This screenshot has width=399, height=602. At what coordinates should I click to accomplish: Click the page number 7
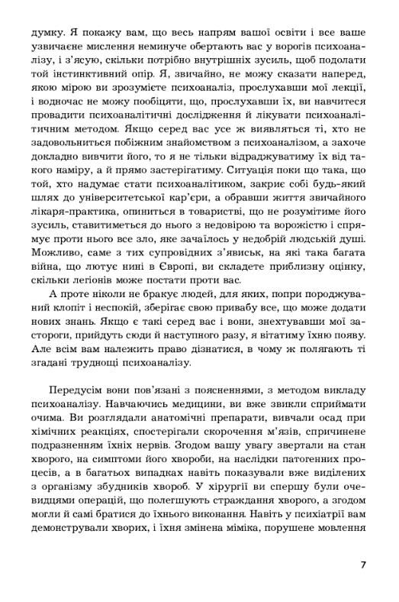(x=364, y=565)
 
